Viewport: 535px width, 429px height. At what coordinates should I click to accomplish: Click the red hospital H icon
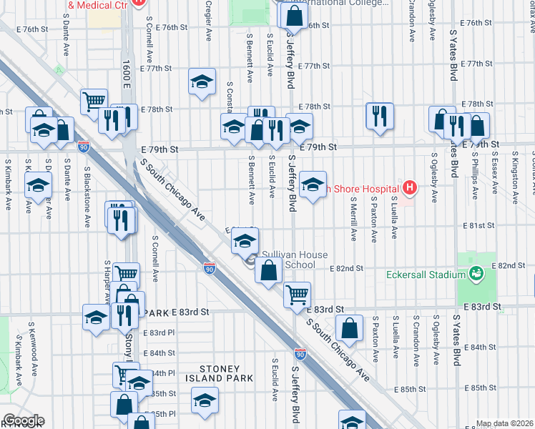[x=408, y=188]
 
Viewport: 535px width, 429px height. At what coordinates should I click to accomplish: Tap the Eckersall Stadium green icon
[x=476, y=274]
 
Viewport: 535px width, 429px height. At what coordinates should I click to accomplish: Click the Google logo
[x=23, y=420]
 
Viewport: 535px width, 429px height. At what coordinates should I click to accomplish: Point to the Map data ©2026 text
[x=505, y=423]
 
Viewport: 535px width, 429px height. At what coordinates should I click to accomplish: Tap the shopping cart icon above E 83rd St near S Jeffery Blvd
[x=297, y=293]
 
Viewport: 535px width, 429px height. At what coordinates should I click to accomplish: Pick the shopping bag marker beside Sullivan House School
[x=268, y=271]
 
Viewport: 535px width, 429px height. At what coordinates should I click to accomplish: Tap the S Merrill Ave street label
[x=354, y=222]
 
